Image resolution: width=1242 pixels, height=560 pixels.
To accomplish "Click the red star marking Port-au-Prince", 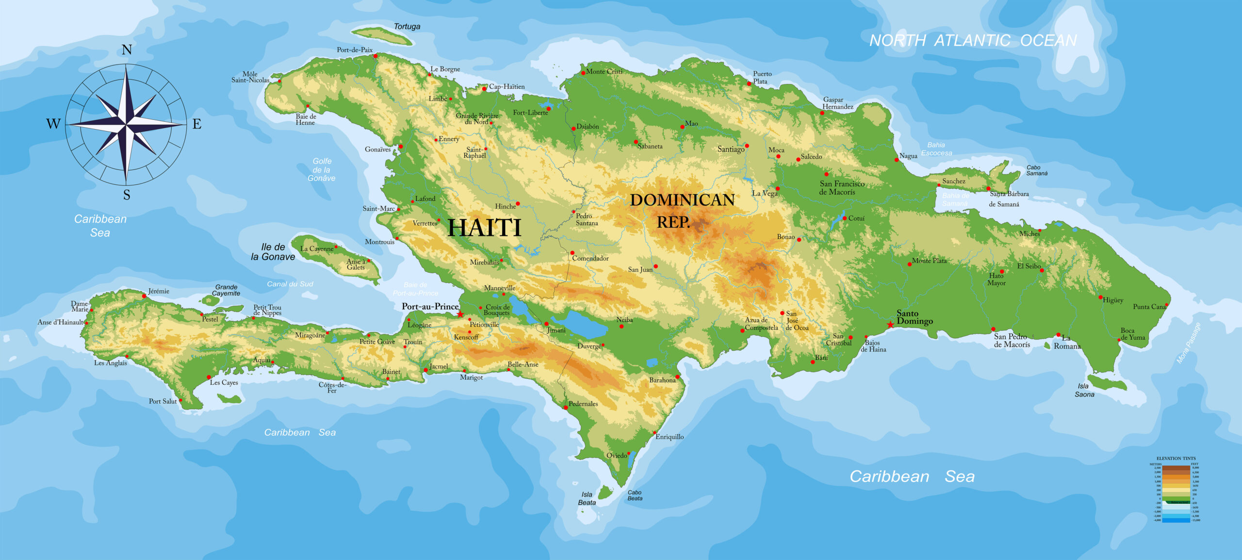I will point(460,314).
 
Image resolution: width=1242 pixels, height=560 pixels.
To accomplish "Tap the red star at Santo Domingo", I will point(890,325).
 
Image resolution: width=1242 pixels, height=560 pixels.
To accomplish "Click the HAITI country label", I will point(484,228).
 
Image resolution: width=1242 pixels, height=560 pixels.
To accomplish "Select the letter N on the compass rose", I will point(127,50).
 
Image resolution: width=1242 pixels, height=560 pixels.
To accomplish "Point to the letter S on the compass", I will point(127,195).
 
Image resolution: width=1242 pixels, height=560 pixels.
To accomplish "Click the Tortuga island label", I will point(407,27).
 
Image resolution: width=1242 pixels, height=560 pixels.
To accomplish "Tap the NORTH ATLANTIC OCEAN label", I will point(973,41).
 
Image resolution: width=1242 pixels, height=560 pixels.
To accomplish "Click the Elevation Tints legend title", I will point(1176,458).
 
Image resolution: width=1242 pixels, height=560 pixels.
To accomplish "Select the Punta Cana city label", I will point(1149,307).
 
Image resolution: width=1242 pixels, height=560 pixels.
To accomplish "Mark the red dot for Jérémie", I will point(144,296).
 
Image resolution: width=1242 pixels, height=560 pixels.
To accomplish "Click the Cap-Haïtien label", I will point(507,87).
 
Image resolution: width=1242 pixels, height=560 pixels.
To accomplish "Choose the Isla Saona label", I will point(1084,390).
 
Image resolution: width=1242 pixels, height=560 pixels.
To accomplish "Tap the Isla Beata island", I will point(605,492).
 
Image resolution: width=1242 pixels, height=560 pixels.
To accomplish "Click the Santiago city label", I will point(731,149).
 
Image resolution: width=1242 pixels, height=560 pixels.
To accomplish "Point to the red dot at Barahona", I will point(677,377).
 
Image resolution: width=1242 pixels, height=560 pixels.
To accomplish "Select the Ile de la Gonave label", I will point(273,252).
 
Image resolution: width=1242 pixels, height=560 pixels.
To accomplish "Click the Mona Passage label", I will point(1189,343).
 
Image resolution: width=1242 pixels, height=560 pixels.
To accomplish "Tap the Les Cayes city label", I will point(224,382).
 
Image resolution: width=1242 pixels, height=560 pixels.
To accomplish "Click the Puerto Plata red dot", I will point(749,83).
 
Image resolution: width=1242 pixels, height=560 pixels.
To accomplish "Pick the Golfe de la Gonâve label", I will point(322,169).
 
